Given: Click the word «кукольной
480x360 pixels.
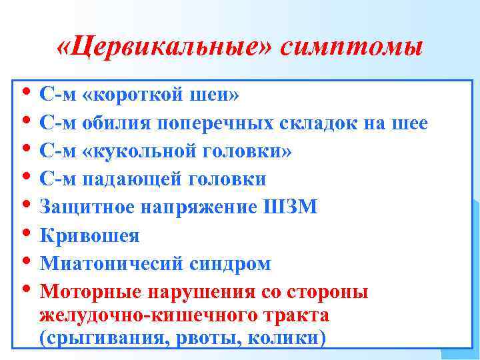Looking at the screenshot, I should point(133,151).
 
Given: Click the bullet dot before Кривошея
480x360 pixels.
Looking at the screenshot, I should point(25,233).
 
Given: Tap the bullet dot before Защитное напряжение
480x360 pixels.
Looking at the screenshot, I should point(25,205).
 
